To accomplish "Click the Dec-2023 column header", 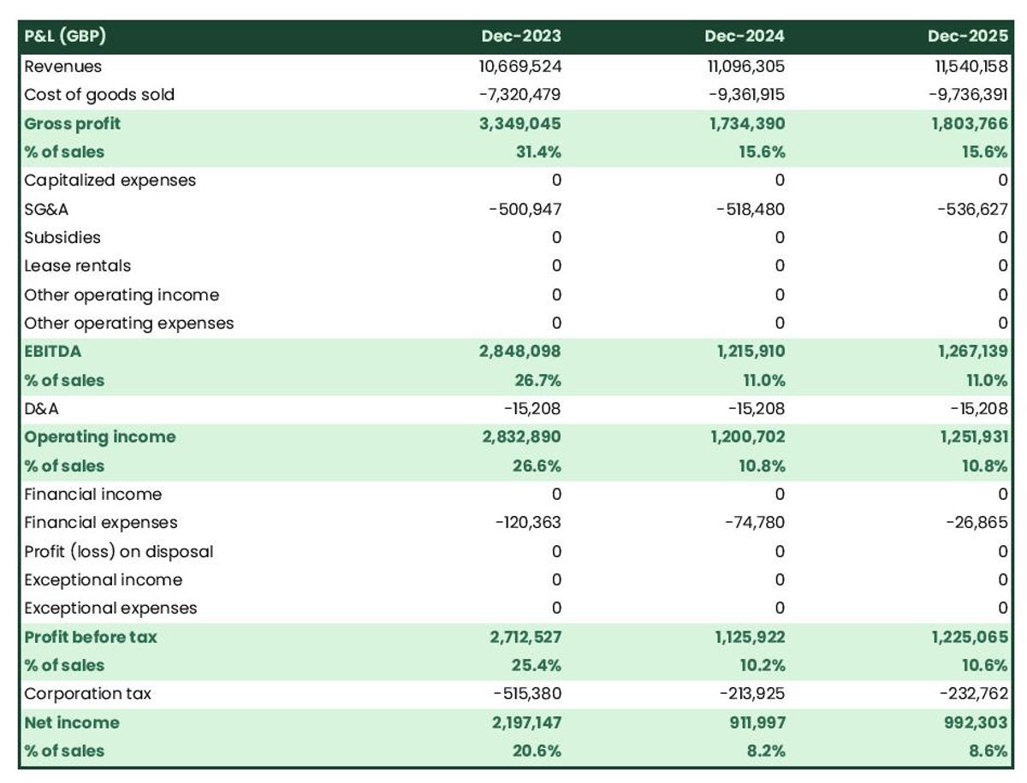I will tap(520, 36).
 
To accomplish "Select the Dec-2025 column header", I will tap(967, 36).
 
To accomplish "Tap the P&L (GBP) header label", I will tap(65, 36).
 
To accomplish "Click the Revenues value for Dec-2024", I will tap(742, 66).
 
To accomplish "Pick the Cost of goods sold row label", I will tap(99, 94).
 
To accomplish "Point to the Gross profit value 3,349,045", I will tap(520, 123).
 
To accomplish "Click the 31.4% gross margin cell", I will tap(537, 151).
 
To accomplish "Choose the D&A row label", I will tap(42, 408).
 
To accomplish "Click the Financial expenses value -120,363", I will tap(528, 522).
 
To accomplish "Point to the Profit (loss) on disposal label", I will tap(119, 551).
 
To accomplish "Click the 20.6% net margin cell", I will tap(537, 750).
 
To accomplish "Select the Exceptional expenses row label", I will tap(110, 608).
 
